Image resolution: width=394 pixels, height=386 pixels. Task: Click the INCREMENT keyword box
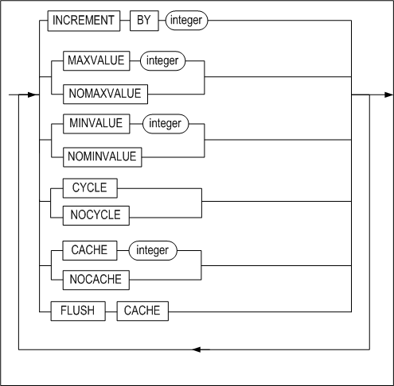(x=84, y=21)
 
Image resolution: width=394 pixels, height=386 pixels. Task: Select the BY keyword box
(x=144, y=21)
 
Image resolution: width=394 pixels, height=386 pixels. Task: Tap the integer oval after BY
(x=186, y=21)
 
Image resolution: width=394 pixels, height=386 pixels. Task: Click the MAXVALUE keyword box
(x=96, y=61)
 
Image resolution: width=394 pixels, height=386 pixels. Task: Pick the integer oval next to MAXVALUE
(x=162, y=61)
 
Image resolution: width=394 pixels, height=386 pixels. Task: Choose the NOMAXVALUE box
(x=105, y=94)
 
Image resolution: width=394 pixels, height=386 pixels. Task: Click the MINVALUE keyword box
(x=96, y=124)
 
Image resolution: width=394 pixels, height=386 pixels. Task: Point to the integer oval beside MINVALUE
(x=166, y=124)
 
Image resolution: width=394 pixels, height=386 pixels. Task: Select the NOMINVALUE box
(x=102, y=157)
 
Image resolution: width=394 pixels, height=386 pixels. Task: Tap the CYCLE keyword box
(x=90, y=188)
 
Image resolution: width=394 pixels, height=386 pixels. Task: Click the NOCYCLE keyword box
(x=96, y=215)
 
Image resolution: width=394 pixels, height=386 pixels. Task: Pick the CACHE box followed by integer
(x=90, y=250)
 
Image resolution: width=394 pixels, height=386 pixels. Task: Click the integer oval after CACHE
(x=153, y=250)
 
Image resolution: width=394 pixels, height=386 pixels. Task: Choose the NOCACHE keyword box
(x=96, y=280)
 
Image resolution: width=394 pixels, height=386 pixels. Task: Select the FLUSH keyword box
(x=78, y=311)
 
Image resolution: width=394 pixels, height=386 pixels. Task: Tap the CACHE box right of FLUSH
(x=142, y=311)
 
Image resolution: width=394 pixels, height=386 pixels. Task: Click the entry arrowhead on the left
(x=32, y=95)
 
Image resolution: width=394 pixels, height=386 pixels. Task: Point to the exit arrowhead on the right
(x=388, y=95)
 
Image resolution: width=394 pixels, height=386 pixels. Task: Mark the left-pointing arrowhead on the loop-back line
(x=197, y=349)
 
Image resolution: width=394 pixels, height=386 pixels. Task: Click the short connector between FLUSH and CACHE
(x=111, y=311)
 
